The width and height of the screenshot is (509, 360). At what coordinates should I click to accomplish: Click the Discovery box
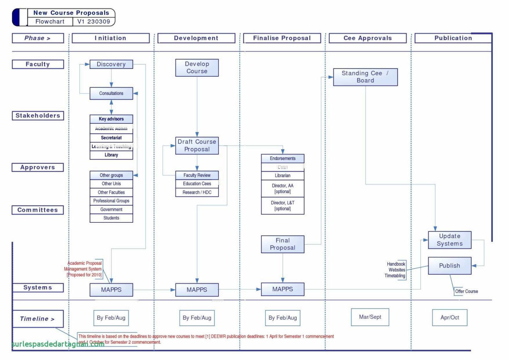point(111,64)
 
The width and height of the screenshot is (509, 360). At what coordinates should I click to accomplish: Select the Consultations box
point(111,94)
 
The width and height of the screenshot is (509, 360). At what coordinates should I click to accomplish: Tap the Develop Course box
point(197,68)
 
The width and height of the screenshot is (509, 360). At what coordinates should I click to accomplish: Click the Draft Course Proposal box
point(197,145)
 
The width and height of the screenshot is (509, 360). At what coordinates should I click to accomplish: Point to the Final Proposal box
point(282,244)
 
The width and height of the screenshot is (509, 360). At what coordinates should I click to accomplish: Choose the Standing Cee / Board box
point(365,77)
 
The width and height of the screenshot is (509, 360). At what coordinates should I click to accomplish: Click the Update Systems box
point(449,240)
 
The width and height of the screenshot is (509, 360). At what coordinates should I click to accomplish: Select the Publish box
point(449,266)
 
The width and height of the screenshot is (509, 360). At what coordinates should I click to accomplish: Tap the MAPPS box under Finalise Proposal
point(282,289)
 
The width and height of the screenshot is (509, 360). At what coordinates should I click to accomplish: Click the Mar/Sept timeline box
point(370,317)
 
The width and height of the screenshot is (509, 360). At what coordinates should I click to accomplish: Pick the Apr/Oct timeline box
point(449,317)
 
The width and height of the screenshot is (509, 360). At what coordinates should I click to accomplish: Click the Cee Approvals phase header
point(367,38)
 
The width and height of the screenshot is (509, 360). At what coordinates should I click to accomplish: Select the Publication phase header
point(453,38)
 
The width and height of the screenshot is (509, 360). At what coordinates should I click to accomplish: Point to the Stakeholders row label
point(37,115)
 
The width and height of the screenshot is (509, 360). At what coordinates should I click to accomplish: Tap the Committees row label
point(37,210)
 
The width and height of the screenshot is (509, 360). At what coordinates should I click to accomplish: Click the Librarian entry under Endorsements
point(282,176)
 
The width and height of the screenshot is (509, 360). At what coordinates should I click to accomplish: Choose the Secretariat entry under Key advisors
point(111,138)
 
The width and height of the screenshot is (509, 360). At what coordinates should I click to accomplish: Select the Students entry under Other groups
point(111,218)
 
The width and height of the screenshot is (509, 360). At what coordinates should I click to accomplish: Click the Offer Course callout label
point(466,291)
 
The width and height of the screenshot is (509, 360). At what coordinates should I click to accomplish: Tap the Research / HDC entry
point(197,192)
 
